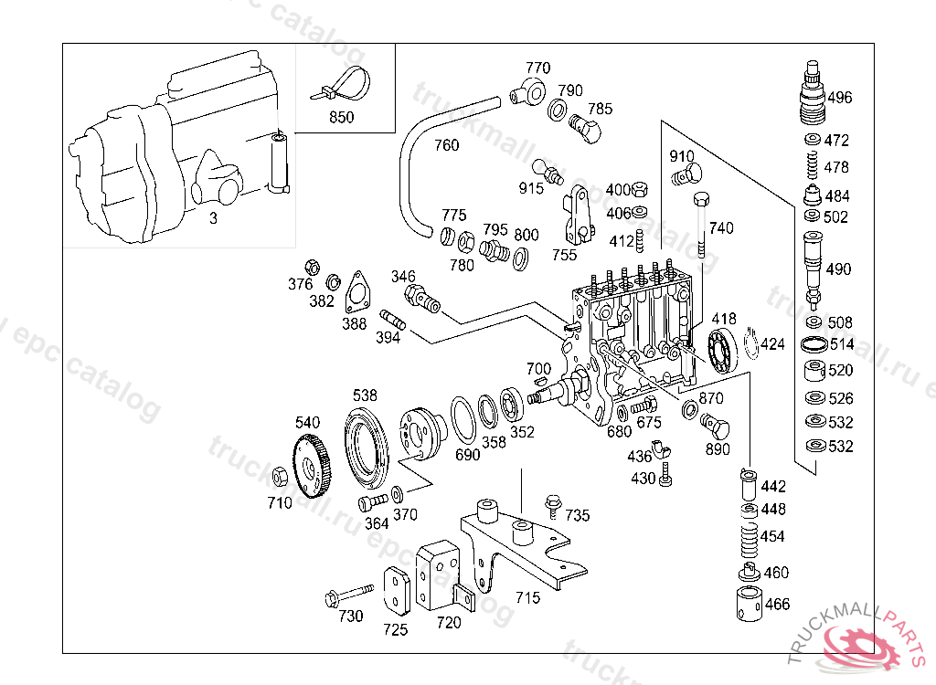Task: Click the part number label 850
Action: [341, 117]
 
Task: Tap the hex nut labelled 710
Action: [279, 476]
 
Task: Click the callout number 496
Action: [839, 98]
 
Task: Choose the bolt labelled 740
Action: [701, 225]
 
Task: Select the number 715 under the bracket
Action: [527, 598]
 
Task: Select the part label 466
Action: [777, 605]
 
